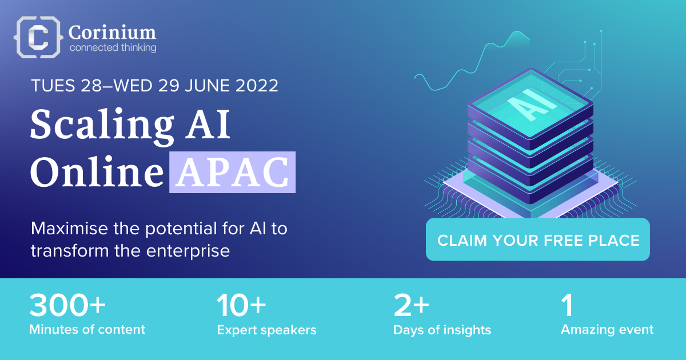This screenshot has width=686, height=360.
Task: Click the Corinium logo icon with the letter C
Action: tap(38, 37)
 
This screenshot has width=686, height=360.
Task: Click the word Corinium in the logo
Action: tap(112, 33)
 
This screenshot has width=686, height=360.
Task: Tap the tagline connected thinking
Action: tap(113, 48)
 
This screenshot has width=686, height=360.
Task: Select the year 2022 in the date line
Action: tap(257, 85)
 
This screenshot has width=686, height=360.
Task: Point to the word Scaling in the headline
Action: tap(102, 126)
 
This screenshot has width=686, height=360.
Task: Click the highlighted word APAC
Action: tap(233, 173)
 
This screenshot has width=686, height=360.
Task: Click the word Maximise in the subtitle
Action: tap(70, 229)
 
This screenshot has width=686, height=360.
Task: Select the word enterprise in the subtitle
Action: tap(188, 251)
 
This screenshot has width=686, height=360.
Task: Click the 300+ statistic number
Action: tap(67, 305)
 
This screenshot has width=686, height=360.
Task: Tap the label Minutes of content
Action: tap(87, 330)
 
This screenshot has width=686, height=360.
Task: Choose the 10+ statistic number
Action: tap(241, 305)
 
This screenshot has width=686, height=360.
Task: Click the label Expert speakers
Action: tap(266, 330)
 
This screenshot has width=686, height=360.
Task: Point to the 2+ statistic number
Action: tap(411, 305)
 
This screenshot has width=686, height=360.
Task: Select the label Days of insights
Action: tap(442, 330)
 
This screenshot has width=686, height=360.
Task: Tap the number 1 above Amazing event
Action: tap(567, 305)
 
